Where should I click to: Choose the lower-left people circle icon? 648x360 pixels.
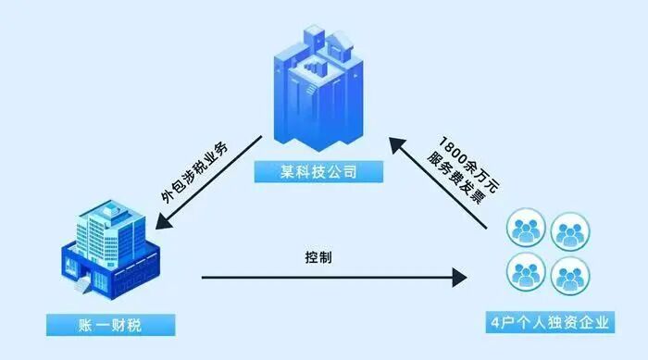pyautogui.click(x=525, y=274)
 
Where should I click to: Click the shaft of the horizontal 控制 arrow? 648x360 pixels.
pyautogui.click(x=324, y=276)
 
